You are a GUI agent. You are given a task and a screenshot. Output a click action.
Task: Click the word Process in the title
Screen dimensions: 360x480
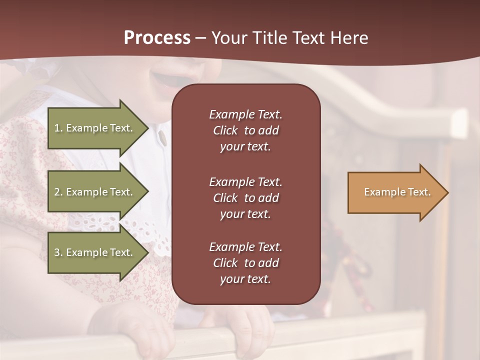point(157,38)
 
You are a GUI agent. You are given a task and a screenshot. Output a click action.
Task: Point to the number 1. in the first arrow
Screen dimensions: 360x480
point(58,128)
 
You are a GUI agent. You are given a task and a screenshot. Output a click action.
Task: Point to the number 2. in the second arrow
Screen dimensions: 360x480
point(58,192)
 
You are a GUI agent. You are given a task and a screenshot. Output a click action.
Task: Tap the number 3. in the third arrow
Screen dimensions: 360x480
point(58,252)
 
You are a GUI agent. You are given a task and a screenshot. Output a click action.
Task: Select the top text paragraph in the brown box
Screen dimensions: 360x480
point(245,130)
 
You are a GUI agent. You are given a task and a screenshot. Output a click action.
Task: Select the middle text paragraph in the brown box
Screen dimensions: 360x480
point(245,198)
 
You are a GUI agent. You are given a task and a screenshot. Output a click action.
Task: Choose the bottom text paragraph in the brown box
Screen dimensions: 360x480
point(245,263)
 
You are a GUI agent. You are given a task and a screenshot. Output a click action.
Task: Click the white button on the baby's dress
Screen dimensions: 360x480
point(162,135)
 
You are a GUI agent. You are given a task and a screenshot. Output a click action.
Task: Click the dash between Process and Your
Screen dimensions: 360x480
point(200,38)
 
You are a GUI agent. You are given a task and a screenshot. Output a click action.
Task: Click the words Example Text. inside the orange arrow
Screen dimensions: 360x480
point(397,192)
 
